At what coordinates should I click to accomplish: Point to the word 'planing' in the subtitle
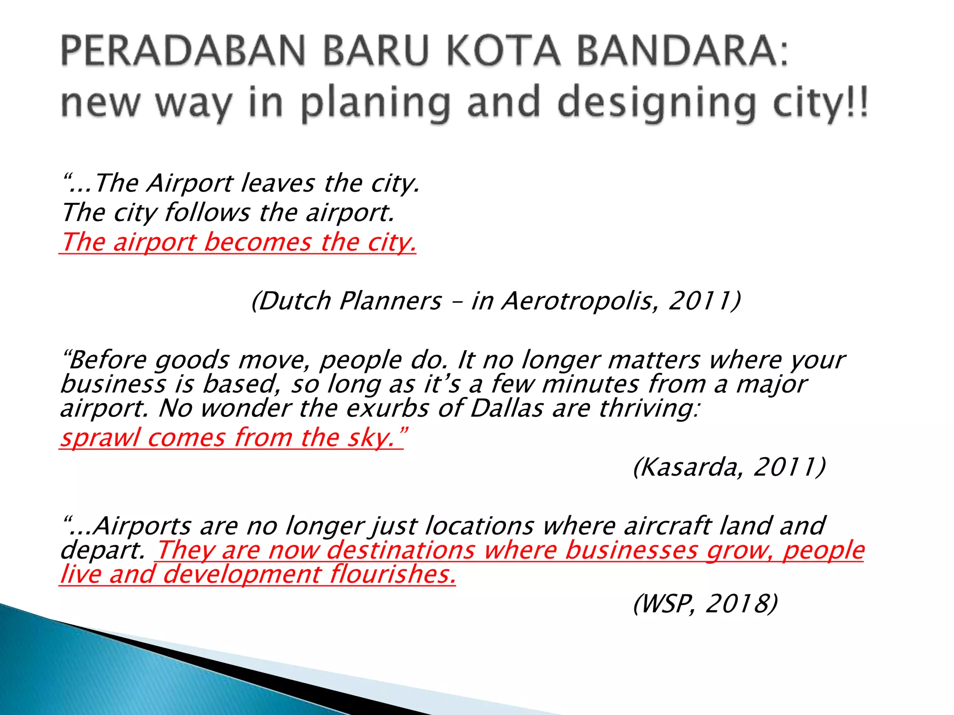(375, 103)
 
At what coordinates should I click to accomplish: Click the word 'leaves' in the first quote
(278, 183)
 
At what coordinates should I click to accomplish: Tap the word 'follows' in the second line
(207, 213)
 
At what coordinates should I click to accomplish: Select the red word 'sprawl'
(100, 438)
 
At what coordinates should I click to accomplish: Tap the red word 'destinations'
(401, 550)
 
